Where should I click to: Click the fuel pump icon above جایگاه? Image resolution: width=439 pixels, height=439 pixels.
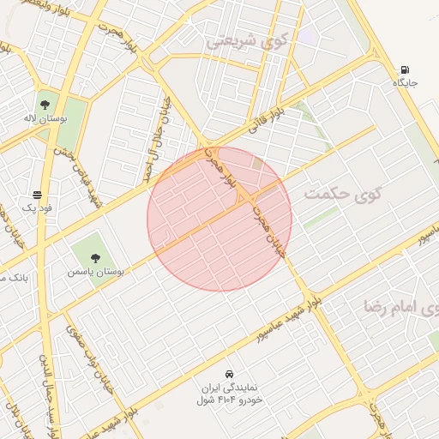click(405, 70)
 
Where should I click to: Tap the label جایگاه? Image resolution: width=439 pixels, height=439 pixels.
click(405, 83)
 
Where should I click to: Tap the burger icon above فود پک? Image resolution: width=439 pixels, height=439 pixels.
click(37, 195)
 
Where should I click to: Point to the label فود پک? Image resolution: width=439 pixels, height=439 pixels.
click(37, 208)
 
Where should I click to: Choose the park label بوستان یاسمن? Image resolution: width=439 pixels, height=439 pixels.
click(96, 271)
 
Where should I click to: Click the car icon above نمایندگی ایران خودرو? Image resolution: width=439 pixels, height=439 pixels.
click(229, 374)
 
